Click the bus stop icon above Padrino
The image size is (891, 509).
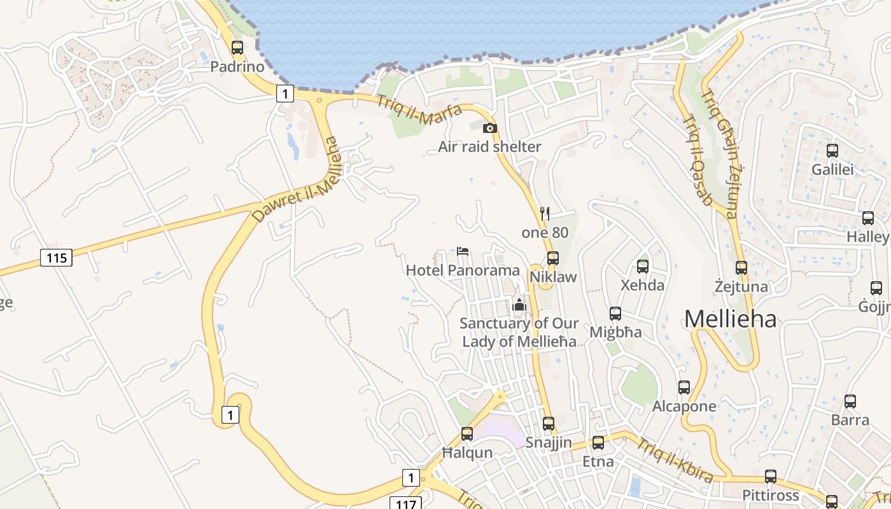[x=237, y=48]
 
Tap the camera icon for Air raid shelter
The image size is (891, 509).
[x=489, y=129]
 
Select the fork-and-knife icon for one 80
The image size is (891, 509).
[x=544, y=213]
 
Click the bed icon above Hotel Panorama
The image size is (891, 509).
[x=463, y=251]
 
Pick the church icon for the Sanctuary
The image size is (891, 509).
[x=519, y=305]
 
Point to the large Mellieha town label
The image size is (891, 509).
[x=731, y=319]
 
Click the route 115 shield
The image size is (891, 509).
[x=56, y=258]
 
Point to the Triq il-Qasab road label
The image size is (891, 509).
[x=698, y=160]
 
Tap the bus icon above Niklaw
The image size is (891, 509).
[x=553, y=258]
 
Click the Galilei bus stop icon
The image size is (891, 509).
[x=832, y=151]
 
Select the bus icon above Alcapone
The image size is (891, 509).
[x=684, y=387]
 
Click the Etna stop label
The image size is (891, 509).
[x=598, y=461]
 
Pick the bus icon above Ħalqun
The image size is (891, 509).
[x=467, y=434]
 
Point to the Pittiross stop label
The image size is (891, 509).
[x=770, y=495]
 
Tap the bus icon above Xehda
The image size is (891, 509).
[x=643, y=267]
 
